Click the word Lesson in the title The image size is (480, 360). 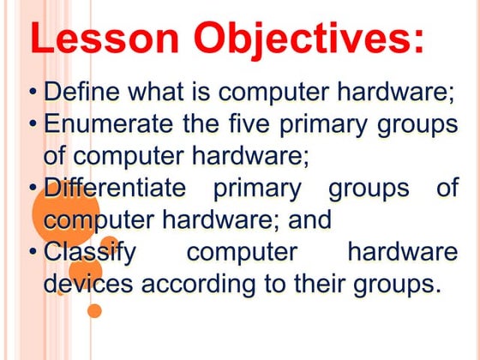tap(104, 38)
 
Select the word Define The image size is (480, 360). tap(81, 91)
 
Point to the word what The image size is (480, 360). tap(156, 91)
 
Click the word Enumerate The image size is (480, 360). tap(108, 123)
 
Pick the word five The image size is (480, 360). tap(249, 123)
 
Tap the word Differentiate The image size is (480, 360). tap(115, 187)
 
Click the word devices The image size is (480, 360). tap(88, 283)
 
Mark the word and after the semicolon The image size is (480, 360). tap(309, 219)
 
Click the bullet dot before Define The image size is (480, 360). tap(33, 92)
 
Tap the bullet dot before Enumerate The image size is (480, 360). tap(33, 124)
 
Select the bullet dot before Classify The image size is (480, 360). tap(33, 252)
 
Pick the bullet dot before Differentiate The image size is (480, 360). tap(33, 188)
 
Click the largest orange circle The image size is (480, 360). tap(66, 213)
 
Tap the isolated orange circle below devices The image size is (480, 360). tap(94, 311)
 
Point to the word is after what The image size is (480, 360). tap(201, 91)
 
